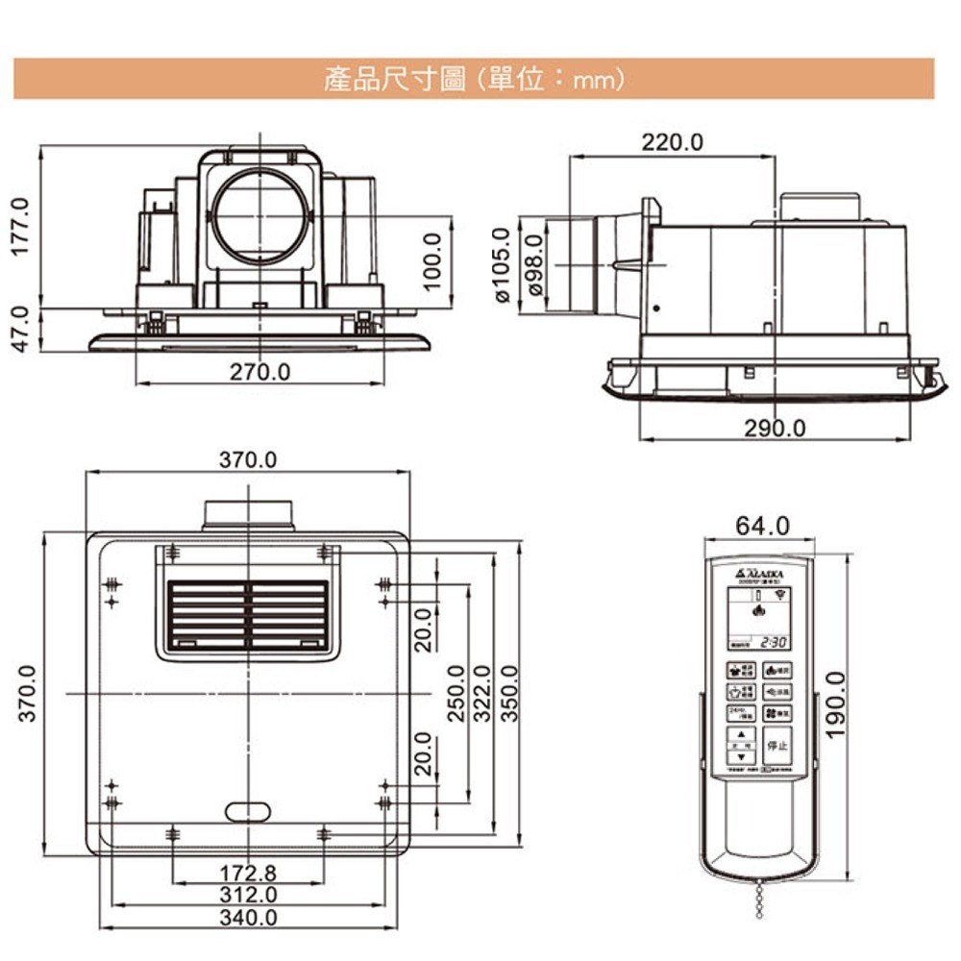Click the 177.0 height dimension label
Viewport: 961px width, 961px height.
click(x=22, y=227)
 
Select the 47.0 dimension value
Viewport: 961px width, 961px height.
click(x=22, y=330)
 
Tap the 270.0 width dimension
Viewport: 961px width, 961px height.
click(x=259, y=371)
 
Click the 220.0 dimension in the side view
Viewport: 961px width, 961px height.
click(x=673, y=142)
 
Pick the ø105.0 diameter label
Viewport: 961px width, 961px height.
click(x=500, y=265)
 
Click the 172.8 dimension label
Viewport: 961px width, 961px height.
click(x=248, y=874)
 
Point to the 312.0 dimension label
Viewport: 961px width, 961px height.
click(x=248, y=896)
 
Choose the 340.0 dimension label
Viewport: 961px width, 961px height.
click(x=248, y=918)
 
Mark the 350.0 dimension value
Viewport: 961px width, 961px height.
click(x=510, y=692)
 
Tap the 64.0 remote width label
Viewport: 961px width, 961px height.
click(x=762, y=526)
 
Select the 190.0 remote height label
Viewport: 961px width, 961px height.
click(x=836, y=704)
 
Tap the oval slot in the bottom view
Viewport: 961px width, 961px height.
click(x=249, y=812)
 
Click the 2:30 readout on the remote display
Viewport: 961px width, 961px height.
click(x=774, y=642)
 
